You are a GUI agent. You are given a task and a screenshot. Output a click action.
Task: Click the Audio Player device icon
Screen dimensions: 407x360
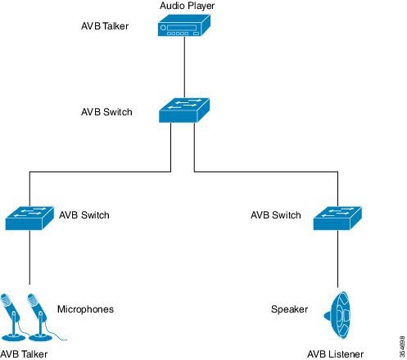pos(184,25)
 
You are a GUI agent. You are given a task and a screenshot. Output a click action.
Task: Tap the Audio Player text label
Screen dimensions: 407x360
pos(188,6)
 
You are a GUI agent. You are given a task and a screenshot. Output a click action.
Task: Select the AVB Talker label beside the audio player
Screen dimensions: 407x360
pos(105,26)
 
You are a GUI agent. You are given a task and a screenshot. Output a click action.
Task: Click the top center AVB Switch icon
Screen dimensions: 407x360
pos(184,110)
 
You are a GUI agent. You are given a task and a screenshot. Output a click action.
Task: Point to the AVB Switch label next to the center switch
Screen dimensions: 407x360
pos(106,112)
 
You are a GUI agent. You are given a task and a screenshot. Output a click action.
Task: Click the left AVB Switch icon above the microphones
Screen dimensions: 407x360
pos(29,218)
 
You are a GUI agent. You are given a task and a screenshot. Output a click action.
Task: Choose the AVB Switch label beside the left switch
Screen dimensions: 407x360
pos(84,215)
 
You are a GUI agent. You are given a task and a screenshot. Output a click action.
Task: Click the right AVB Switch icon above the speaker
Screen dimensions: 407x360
pos(337,218)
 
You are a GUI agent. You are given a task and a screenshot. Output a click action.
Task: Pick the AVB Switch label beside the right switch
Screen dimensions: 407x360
pos(276,215)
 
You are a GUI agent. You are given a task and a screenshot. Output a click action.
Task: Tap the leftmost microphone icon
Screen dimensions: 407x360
pos(11,317)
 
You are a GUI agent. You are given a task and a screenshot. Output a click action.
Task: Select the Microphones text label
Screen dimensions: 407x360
pos(85,309)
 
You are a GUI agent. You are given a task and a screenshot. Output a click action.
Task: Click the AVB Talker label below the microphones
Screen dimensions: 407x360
pos(24,354)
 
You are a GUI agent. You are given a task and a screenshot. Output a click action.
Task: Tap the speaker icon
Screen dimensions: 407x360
pos(337,315)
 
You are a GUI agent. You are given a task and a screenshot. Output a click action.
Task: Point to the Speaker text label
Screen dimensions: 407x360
pos(289,309)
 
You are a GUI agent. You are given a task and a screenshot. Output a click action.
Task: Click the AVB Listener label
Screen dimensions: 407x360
pos(335,354)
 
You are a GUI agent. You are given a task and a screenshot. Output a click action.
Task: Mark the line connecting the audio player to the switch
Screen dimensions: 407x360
pos(184,67)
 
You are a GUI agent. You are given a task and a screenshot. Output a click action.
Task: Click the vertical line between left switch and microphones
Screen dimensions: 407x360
pos(29,257)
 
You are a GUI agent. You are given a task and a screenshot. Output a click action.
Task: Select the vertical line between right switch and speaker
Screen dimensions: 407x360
pos(337,259)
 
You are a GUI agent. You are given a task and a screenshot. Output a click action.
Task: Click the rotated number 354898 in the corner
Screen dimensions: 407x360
pos(402,346)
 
